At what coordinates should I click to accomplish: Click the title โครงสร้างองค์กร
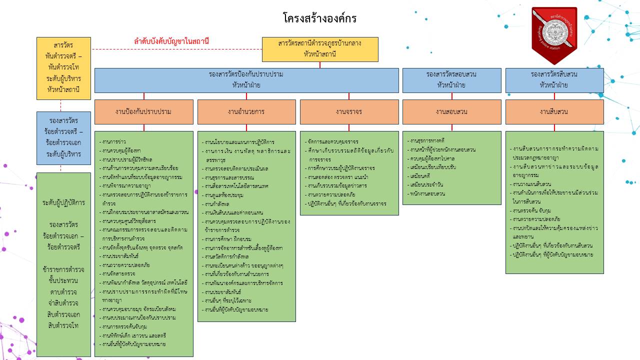point(319,19)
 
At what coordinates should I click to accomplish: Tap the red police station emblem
point(554,34)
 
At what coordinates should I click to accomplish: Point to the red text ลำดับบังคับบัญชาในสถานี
point(171,41)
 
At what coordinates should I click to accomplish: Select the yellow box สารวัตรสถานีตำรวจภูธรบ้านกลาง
point(320,49)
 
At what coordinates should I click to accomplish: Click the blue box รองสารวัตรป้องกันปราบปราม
point(246,80)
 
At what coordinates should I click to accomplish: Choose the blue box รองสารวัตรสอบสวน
point(451,80)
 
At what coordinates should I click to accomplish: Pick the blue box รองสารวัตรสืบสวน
point(554,80)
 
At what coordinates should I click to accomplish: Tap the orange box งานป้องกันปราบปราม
point(143,111)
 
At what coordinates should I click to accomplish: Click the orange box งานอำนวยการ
point(246,111)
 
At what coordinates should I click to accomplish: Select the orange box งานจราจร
point(349,111)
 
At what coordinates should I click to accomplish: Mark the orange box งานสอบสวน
point(451,111)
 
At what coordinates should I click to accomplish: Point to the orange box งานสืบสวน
point(554,111)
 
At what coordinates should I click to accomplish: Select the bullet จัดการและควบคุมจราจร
point(333,141)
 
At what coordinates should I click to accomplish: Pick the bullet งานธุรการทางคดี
point(427,140)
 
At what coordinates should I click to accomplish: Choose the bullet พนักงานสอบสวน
point(427,193)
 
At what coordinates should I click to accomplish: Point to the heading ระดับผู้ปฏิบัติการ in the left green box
point(63,203)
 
